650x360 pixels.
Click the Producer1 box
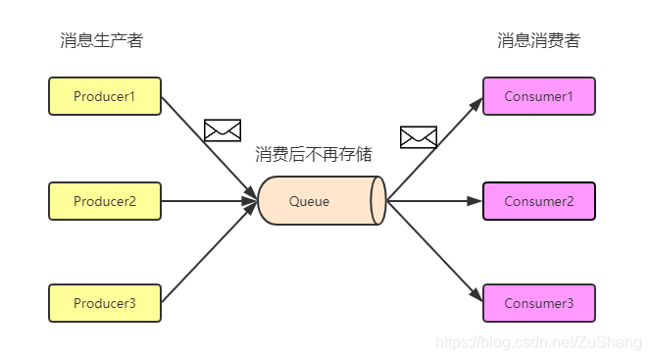pos(105,96)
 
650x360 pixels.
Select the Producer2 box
pos(105,201)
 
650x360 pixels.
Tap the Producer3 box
pos(105,303)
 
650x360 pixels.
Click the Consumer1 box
pos(538,96)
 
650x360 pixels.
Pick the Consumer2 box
pos(538,201)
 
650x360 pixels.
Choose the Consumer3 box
pos(538,303)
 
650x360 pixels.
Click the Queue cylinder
pos(322,201)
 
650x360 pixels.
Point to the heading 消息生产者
pos(101,41)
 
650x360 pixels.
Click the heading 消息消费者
pos(538,41)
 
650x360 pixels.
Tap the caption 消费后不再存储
pos(314,154)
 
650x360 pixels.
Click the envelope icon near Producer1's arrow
pos(222,129)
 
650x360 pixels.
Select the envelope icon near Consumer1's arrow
pos(419,137)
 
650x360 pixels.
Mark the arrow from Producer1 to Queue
pos(208,147)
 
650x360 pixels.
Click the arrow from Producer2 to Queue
pos(208,201)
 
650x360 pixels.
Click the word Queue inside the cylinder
pos(309,201)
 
